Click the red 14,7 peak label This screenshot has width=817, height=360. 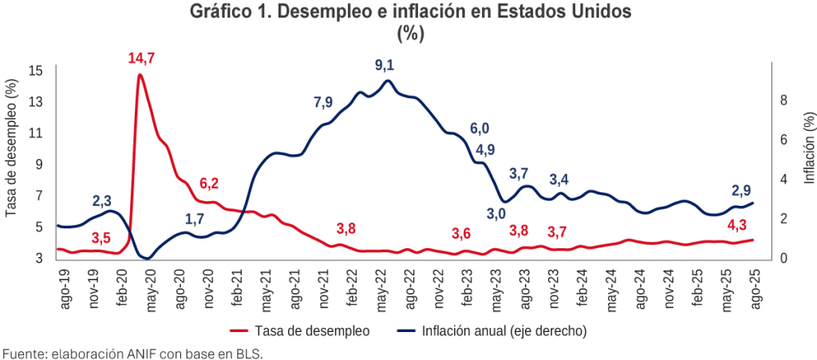point(143,57)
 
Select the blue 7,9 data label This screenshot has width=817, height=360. point(323,102)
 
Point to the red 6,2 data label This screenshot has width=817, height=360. point(209,184)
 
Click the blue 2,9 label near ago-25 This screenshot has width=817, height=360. point(742,191)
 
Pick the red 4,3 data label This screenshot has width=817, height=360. point(737,224)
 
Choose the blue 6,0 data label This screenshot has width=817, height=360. point(479,128)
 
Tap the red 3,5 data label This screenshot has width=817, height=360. point(101,238)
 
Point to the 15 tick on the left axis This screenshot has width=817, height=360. point(35,70)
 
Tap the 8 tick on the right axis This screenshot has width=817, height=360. point(783,100)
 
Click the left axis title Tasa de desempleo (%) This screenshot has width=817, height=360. point(12,148)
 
